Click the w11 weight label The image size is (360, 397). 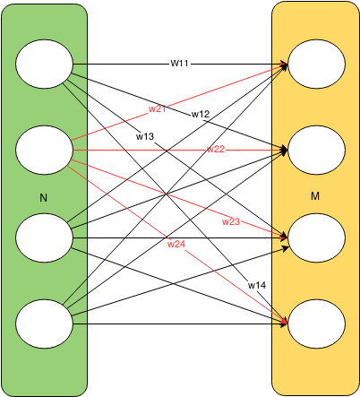point(179,64)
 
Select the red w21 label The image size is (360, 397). point(158,109)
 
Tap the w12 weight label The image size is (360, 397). point(201,114)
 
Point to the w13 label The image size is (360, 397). point(145,136)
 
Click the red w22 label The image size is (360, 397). point(216,149)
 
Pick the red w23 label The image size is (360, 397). point(231,221)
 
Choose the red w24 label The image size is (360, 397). point(176,244)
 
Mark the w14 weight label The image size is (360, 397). point(257,285)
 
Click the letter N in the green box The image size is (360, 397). point(44,198)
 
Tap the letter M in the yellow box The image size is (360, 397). point(315,196)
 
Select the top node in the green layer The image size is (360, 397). point(44,64)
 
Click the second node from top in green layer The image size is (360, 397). point(44,150)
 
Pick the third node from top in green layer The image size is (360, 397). point(44,237)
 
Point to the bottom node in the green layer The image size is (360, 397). point(44,324)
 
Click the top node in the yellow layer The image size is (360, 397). point(317,64)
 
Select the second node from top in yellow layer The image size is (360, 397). point(317,150)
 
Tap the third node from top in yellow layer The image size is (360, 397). point(317,237)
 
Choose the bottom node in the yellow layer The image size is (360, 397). point(317,324)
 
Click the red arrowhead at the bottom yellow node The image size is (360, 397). point(285,321)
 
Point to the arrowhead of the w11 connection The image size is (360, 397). point(284,64)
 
